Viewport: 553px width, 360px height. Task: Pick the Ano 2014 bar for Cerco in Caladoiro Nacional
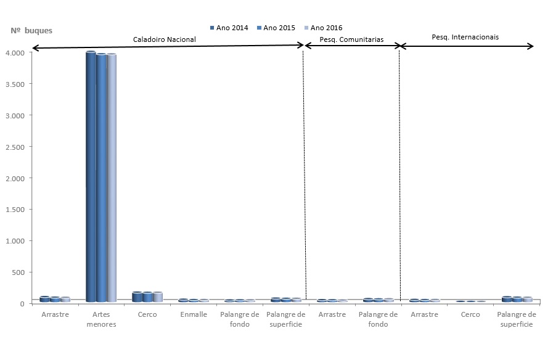(137, 297)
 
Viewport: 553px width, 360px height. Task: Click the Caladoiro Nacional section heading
(165, 39)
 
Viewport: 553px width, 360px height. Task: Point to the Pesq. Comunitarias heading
(351, 39)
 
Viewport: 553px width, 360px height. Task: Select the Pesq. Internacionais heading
(465, 37)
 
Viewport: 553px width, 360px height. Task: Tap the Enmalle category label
(193, 314)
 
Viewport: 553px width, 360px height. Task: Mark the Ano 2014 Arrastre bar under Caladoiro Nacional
(44, 299)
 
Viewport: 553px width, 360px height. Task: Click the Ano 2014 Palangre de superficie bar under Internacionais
(507, 300)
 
